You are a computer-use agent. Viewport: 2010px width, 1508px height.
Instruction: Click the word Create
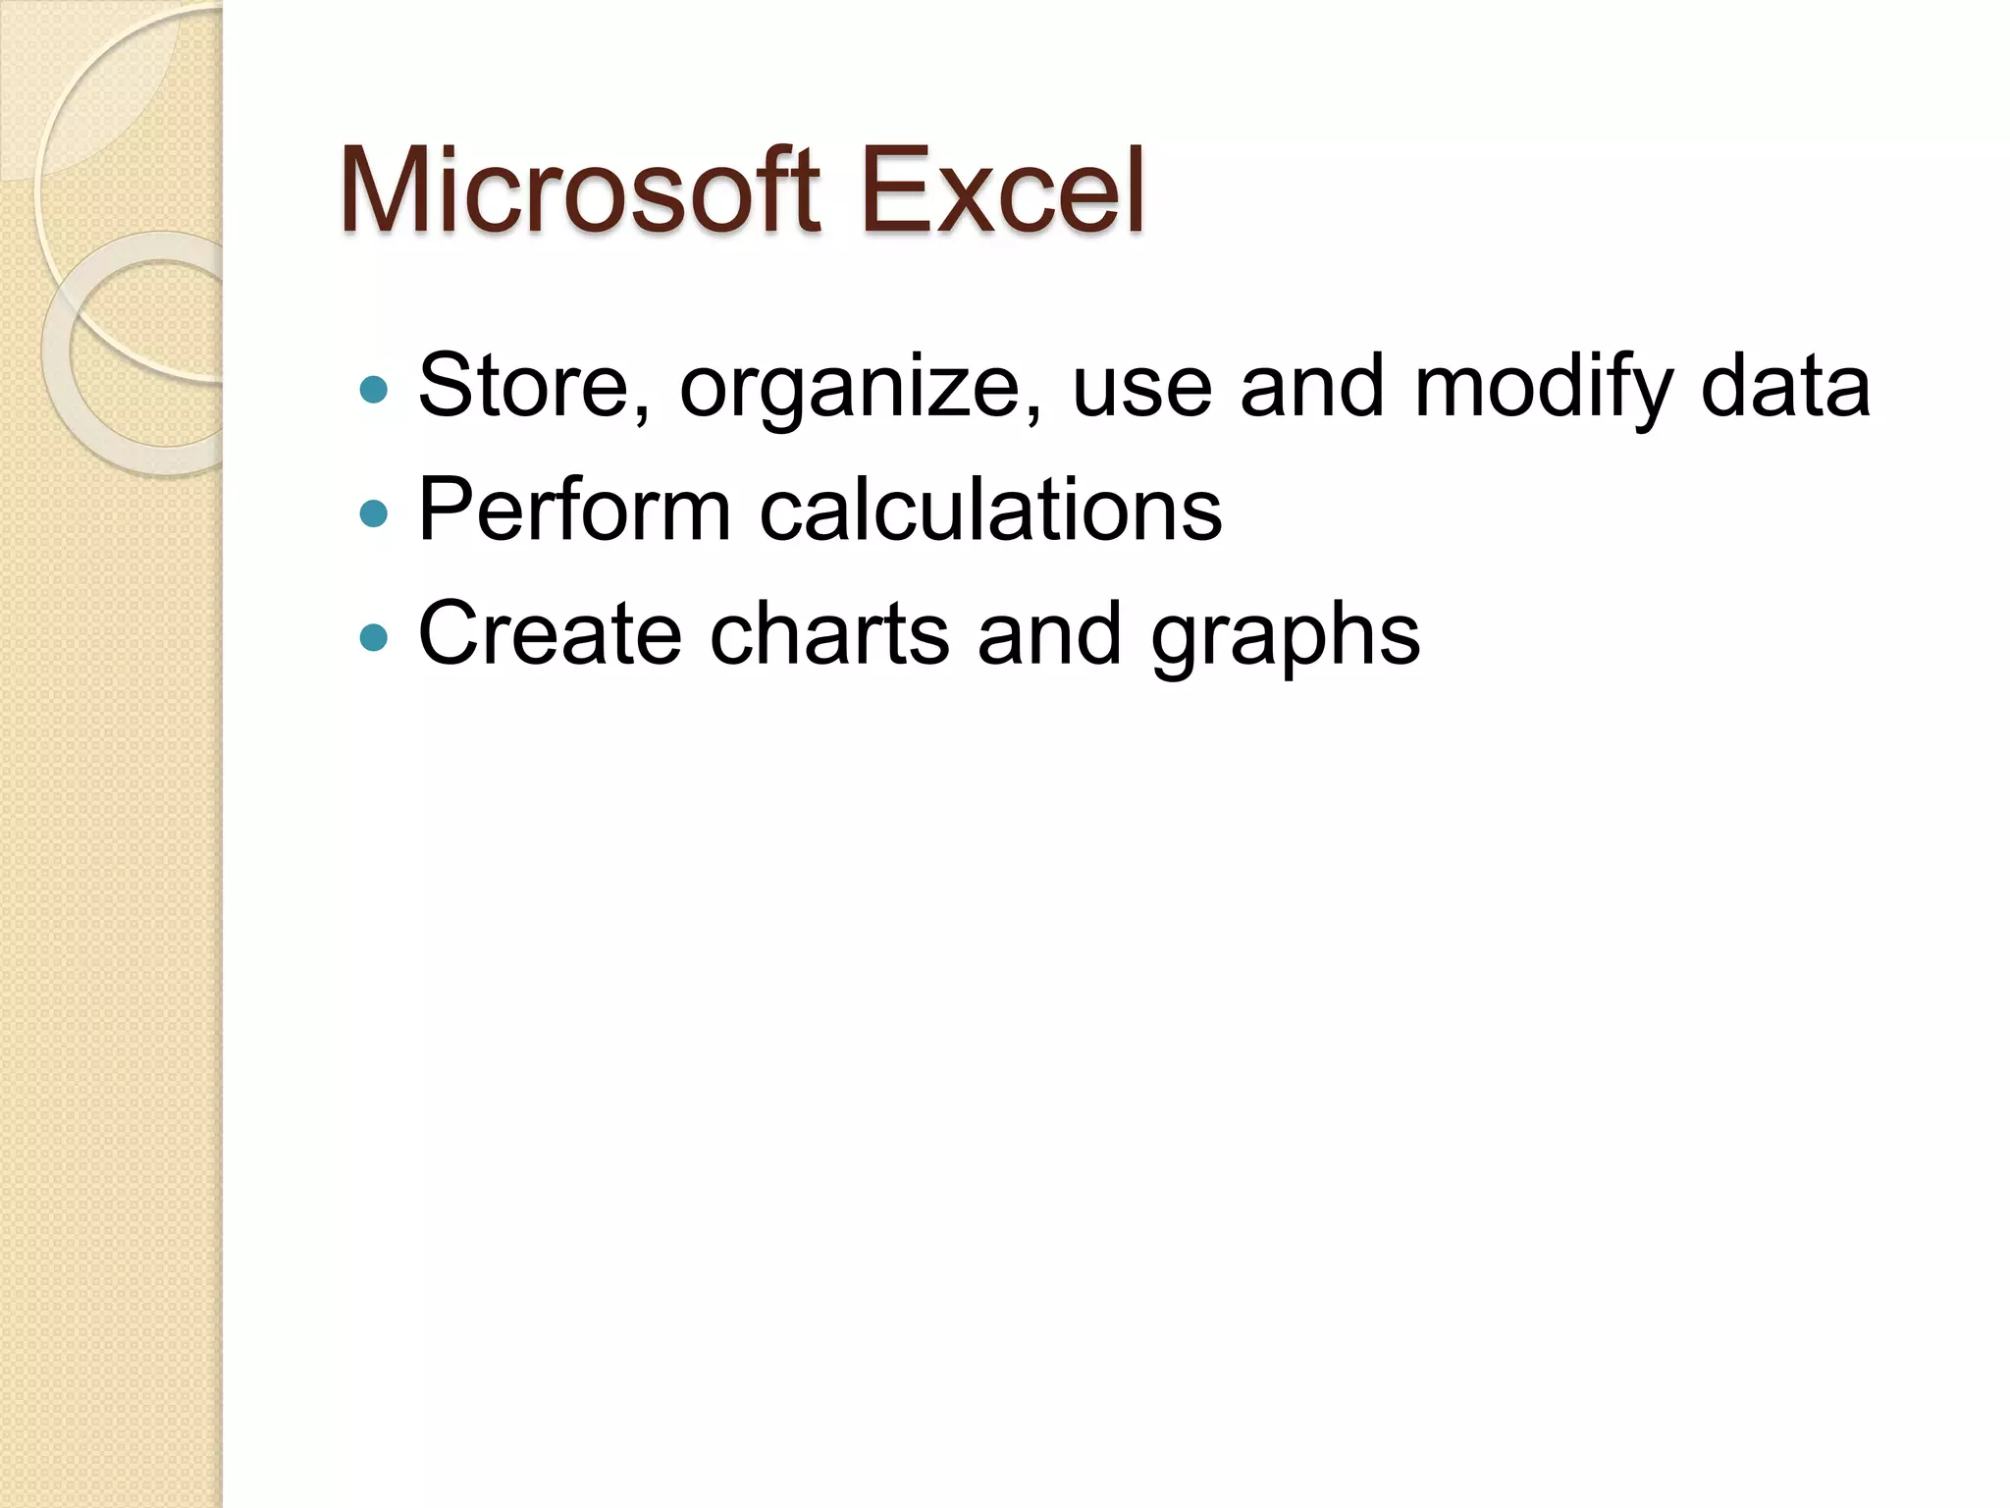pos(550,633)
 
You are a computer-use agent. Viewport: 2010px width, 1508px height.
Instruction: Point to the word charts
pos(829,633)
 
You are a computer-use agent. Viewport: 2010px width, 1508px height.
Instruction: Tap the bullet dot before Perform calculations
pos(374,513)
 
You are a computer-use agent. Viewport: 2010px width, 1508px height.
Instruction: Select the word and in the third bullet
pos(1049,633)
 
